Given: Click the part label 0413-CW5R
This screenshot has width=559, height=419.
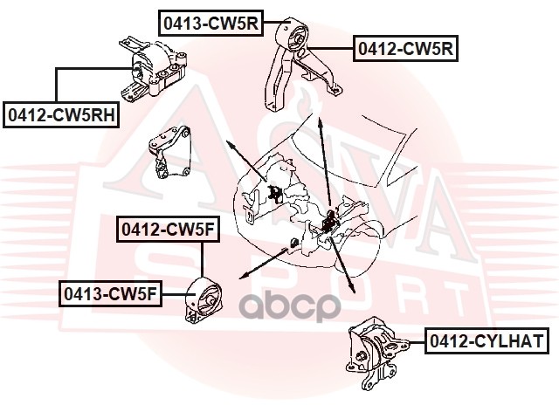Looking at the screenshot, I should point(210,23).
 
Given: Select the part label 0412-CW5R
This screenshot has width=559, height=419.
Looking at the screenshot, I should point(406,49).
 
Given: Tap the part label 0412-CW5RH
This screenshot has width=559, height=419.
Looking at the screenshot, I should point(61,113).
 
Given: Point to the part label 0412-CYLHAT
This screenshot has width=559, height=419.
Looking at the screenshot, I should point(486,340).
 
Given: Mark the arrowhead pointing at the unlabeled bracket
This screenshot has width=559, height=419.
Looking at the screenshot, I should point(229,142).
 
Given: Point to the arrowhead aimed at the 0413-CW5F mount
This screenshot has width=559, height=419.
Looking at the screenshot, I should point(240,274).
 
